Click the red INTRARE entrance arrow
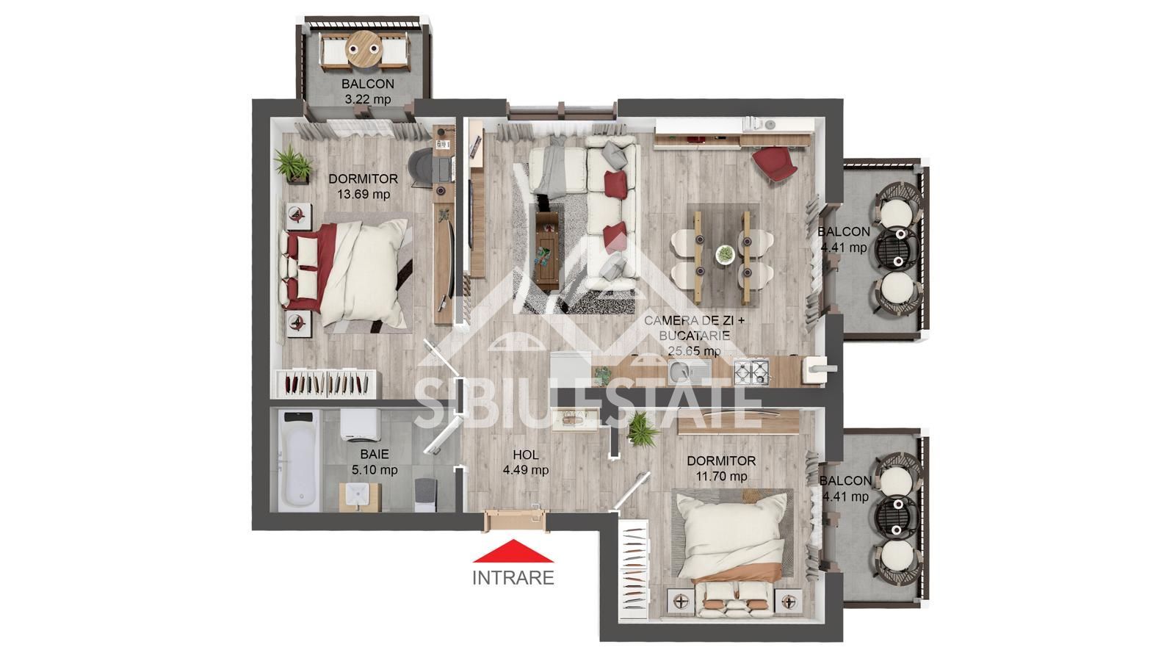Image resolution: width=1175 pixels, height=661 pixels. click(513, 552)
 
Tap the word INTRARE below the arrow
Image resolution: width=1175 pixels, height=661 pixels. click(513, 578)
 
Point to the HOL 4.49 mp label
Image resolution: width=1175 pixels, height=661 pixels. click(525, 463)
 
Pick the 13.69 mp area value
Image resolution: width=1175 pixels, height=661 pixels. click(364, 195)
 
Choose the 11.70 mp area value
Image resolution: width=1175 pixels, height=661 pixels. click(721, 476)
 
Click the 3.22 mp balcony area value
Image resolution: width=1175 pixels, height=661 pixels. click(367, 99)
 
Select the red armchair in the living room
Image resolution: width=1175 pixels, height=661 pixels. click(774, 166)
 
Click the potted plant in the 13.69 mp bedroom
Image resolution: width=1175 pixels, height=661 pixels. click(292, 163)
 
